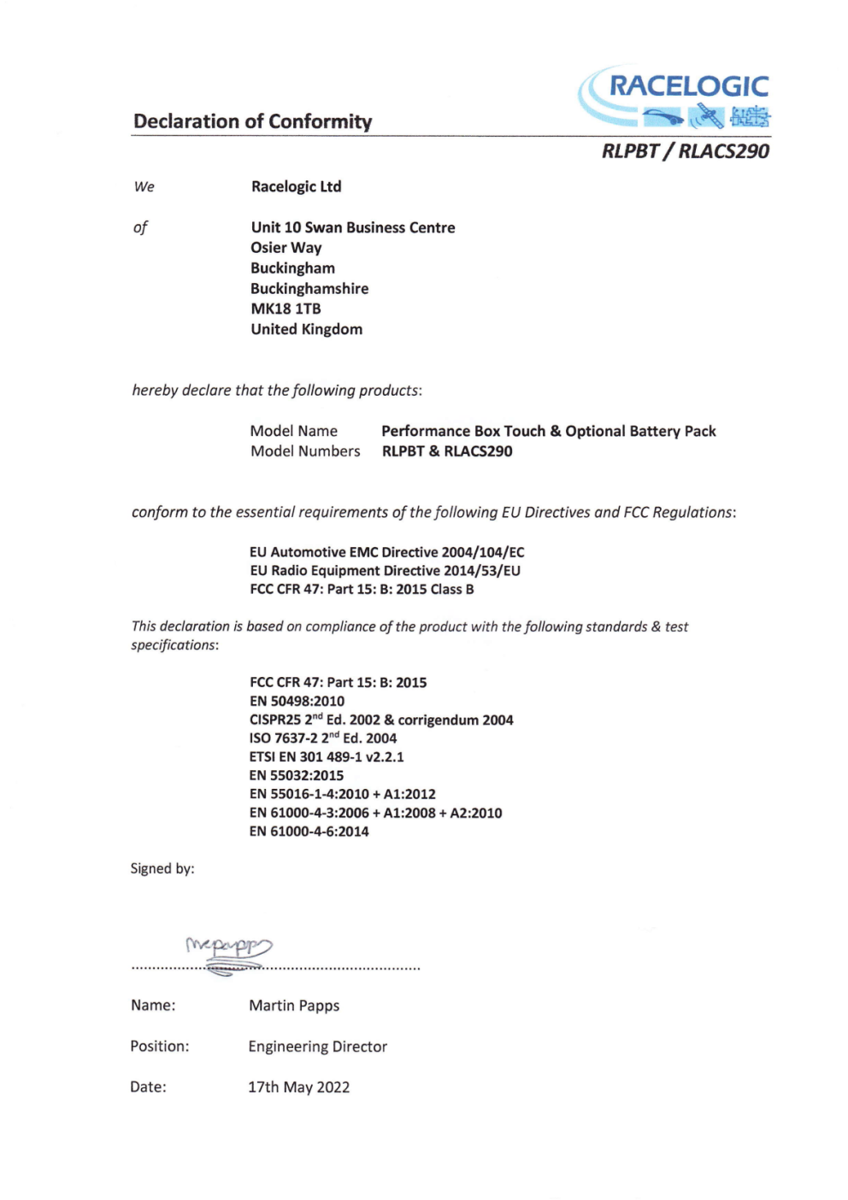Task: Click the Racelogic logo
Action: point(674,96)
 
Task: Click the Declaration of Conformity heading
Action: point(252,121)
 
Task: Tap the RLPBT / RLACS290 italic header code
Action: point(685,151)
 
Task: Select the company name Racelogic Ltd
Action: point(296,186)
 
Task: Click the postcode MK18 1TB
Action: point(286,309)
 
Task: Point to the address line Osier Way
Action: point(286,248)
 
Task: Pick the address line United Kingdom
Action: point(306,329)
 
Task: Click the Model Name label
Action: point(293,431)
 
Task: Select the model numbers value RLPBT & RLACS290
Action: point(446,451)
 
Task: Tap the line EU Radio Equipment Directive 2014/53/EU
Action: point(385,571)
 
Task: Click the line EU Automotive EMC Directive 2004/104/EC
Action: point(386,552)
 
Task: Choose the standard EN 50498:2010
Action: point(297,701)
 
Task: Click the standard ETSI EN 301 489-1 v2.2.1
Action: point(327,756)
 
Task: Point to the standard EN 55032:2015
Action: point(296,775)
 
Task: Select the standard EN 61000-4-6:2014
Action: point(309,831)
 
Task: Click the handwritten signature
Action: point(229,950)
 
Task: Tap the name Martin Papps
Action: point(294,1005)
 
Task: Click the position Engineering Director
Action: point(317,1046)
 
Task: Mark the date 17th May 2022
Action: point(298,1087)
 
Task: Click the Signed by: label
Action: point(162,868)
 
